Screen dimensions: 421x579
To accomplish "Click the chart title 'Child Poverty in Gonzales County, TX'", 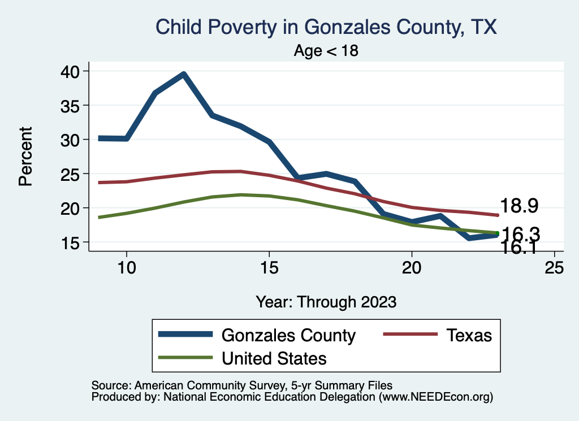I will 326,27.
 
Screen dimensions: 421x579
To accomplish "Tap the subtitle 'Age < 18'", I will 326,51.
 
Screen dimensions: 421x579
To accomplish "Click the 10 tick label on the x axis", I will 126,267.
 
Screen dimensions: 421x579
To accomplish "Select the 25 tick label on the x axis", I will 554,267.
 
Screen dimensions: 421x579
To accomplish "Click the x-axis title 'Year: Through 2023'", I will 326,301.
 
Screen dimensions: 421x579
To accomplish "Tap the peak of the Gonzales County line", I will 183,74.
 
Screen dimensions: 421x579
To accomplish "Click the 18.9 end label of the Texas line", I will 518,206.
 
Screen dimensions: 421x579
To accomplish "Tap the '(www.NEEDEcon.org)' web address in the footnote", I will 436,397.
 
